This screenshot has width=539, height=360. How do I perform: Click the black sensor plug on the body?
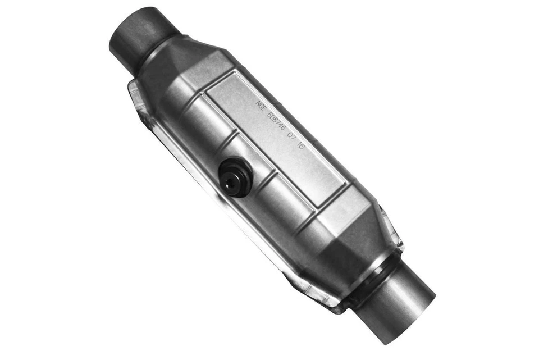[235, 177]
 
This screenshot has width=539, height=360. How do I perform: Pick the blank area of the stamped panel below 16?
[314, 168]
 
